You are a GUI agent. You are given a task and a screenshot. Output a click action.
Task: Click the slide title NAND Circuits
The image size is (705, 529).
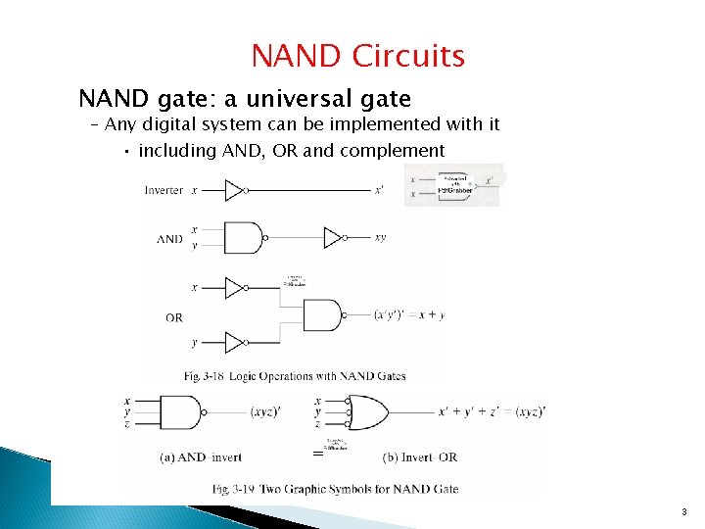tap(357, 56)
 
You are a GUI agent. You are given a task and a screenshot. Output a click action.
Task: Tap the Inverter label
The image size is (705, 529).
tap(164, 190)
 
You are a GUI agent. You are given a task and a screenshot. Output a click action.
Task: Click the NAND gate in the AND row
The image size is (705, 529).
tap(247, 237)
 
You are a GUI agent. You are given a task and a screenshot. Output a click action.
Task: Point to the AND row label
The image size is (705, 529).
tap(170, 238)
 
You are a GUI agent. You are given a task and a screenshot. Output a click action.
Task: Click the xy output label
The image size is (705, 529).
tap(380, 237)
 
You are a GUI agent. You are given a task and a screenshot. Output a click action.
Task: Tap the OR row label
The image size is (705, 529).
tap(173, 317)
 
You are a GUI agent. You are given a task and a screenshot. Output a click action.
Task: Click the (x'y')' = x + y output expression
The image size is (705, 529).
tap(409, 315)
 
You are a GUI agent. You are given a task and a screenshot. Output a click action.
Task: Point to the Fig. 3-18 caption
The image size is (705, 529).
tap(295, 376)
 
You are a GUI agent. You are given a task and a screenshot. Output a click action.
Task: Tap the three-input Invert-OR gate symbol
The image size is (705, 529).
tap(364, 412)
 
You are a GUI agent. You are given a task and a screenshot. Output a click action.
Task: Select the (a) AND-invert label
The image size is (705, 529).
tap(200, 457)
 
